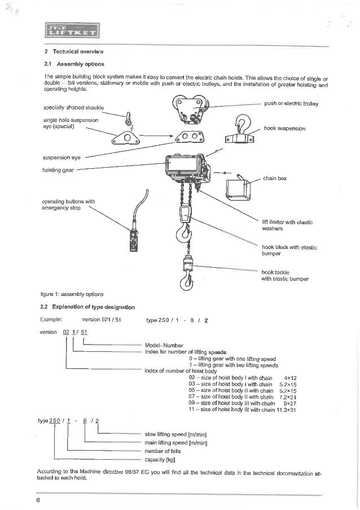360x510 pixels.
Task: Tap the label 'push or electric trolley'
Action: point(292,104)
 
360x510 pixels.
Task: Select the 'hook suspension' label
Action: point(284,129)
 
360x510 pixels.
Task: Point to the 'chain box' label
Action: point(275,178)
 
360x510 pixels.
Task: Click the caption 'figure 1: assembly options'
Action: point(73,294)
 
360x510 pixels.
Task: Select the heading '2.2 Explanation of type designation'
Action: point(89,307)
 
